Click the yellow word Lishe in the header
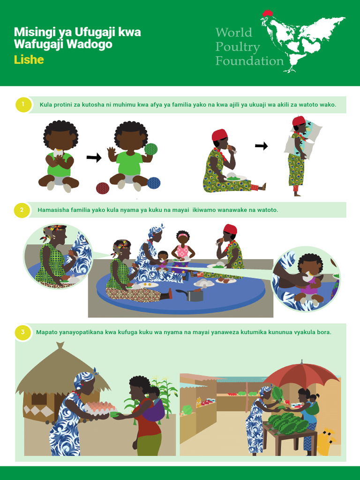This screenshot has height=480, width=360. click(x=29, y=60)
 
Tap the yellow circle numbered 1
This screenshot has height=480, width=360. click(x=22, y=105)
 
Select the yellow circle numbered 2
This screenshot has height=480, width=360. click(x=22, y=210)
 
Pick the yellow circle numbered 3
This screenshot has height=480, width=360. click(x=22, y=332)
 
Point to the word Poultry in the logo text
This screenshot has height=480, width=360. click(x=238, y=47)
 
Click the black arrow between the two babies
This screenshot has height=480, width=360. click(x=94, y=158)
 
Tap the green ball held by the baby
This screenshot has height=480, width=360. click(x=150, y=149)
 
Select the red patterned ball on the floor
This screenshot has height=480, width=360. click(x=103, y=188)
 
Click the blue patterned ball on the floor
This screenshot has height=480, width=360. click(x=154, y=183)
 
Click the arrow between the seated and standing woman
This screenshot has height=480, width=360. click(x=261, y=146)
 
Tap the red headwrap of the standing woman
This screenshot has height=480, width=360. click(x=299, y=121)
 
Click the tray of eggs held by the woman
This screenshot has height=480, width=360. click(x=101, y=407)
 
